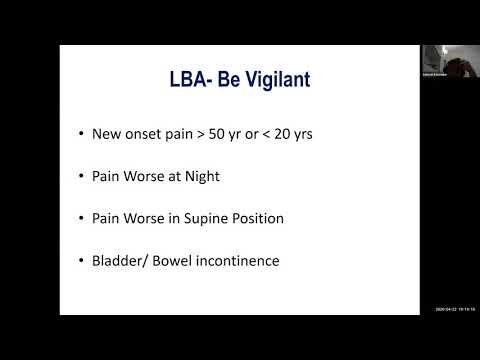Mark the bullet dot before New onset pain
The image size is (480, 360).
tap(80, 134)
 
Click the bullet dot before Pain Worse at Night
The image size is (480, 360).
tap(80, 177)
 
